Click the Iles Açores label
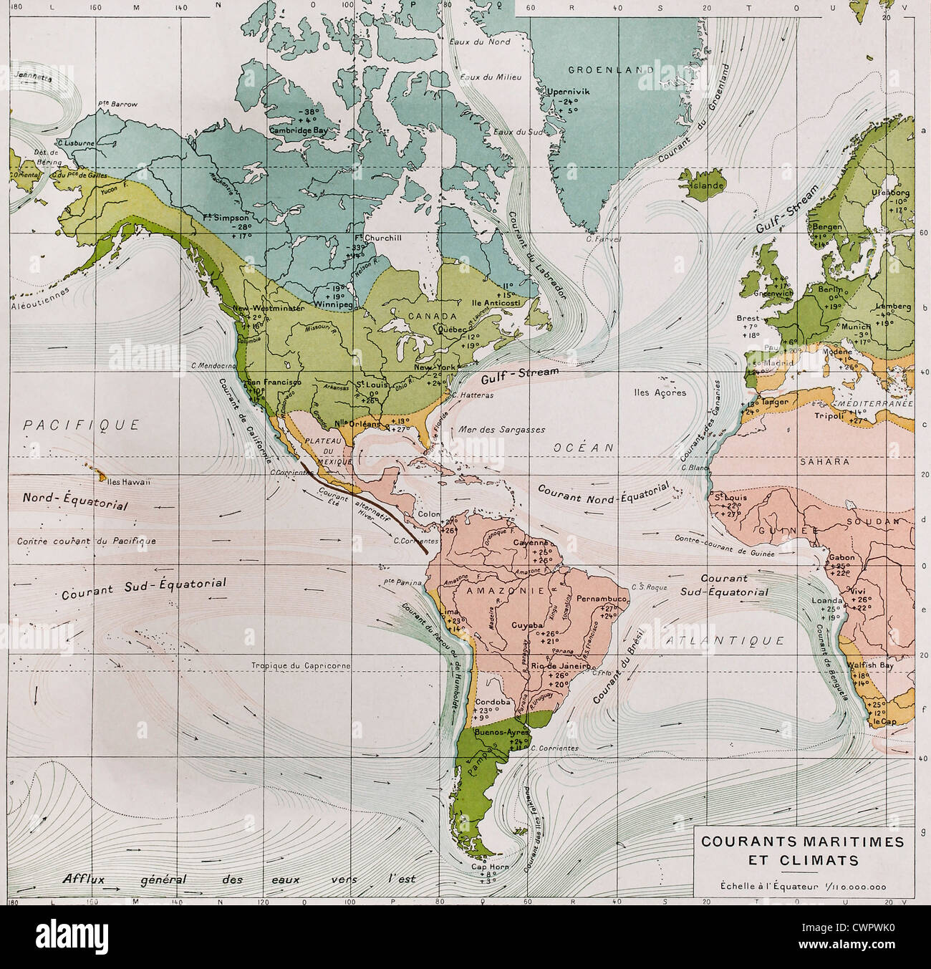[660, 392]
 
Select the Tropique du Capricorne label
[301, 665]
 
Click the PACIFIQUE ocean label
[82, 425]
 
